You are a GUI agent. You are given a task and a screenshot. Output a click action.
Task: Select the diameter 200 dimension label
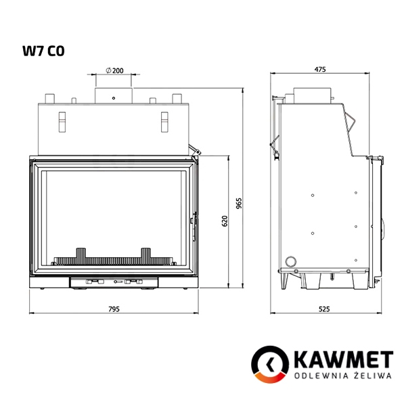click(114, 70)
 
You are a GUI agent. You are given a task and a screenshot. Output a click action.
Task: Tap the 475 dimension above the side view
click(320, 68)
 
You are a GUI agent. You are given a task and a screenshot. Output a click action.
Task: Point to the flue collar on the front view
click(114, 93)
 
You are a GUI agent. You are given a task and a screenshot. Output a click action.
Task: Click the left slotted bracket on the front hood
click(63, 120)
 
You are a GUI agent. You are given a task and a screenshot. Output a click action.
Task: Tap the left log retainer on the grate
click(82, 255)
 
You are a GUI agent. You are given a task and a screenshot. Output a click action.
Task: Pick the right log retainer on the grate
click(145, 255)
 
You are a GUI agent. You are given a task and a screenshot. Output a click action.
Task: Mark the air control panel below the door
click(114, 281)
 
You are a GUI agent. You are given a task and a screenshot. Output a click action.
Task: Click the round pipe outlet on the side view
click(291, 261)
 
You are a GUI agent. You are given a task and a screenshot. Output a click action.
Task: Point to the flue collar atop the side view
click(312, 93)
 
